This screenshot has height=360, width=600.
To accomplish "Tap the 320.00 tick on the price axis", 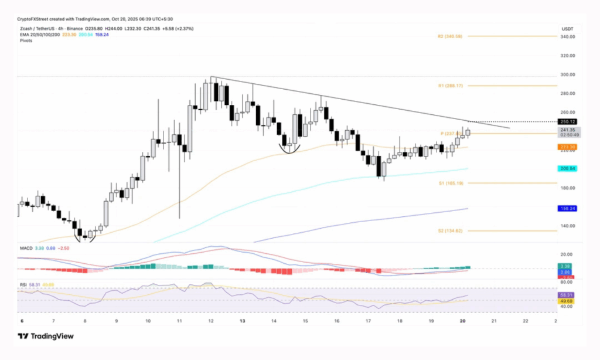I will point(567,56).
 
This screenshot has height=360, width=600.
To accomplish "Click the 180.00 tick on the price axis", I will point(567,188).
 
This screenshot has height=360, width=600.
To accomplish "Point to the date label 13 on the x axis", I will point(243,321).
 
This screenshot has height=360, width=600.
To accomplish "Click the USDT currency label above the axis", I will point(567,28).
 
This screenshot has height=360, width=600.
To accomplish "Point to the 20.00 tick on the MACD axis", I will point(567,254).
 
